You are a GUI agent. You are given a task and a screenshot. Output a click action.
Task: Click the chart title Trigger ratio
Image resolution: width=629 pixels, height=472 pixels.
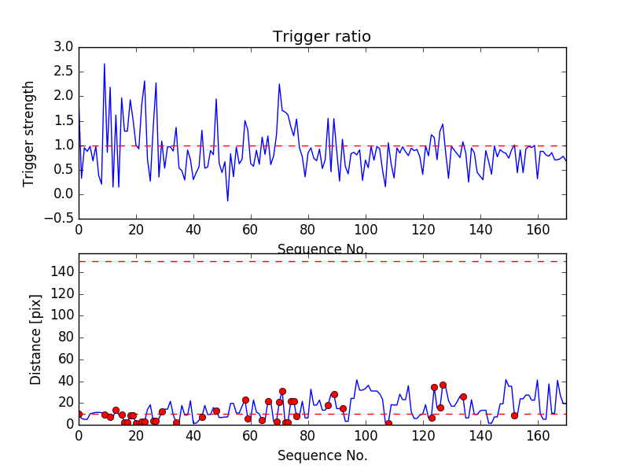(322, 37)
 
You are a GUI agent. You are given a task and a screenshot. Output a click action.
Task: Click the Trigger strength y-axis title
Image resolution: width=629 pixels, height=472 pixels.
(29, 133)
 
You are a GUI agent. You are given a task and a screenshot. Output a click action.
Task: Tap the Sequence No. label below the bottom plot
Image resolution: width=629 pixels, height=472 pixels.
(322, 455)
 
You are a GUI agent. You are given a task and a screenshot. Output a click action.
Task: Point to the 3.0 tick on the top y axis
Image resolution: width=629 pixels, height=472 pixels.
(64, 47)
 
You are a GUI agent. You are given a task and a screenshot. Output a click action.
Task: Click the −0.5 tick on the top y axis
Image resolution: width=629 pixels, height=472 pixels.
(60, 219)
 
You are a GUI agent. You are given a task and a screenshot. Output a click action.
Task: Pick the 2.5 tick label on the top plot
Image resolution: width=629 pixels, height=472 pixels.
(64, 72)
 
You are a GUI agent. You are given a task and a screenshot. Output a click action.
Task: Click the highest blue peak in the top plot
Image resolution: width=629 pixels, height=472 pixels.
(105, 64)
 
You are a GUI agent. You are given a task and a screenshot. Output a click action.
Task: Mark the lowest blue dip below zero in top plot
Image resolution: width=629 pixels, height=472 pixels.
(228, 201)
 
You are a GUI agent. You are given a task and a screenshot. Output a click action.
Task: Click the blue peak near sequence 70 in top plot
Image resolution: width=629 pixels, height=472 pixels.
(279, 84)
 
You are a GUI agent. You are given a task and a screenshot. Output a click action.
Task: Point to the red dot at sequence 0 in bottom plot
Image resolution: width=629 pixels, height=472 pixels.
(79, 414)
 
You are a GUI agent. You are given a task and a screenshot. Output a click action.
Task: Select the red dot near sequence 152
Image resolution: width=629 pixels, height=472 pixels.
(514, 415)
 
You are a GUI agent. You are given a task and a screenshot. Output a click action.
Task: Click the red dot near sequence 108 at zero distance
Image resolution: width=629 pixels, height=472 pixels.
(388, 423)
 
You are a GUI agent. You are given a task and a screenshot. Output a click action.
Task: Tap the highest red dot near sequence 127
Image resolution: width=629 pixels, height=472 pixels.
(443, 385)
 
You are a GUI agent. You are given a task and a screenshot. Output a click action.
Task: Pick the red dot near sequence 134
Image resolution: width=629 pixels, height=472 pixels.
(463, 396)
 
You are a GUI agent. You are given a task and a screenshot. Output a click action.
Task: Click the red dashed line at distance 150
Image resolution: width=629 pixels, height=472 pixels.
(322, 261)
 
